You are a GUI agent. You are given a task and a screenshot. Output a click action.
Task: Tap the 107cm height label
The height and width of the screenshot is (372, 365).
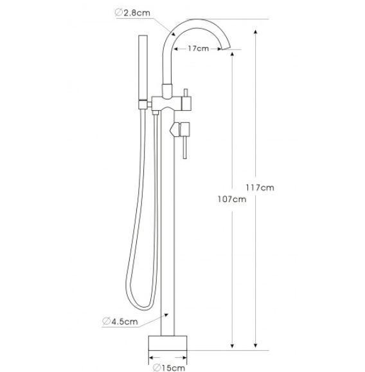coord(230,198)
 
